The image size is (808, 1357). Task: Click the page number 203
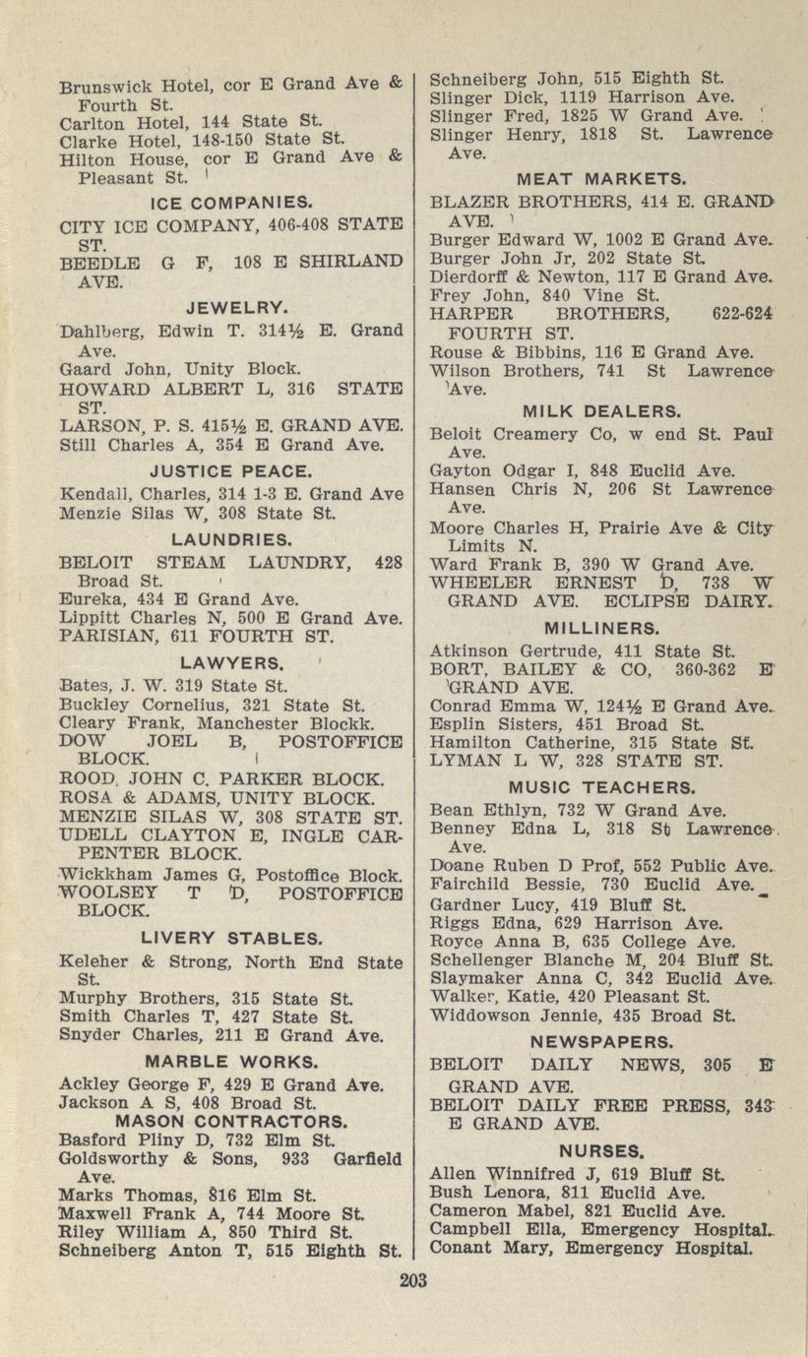[x=414, y=1279]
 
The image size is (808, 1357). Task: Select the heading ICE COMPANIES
[x=231, y=204]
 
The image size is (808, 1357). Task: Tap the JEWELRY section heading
[x=231, y=306]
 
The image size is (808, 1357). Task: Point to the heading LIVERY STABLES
[x=231, y=938]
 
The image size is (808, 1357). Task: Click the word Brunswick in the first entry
[x=101, y=87]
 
